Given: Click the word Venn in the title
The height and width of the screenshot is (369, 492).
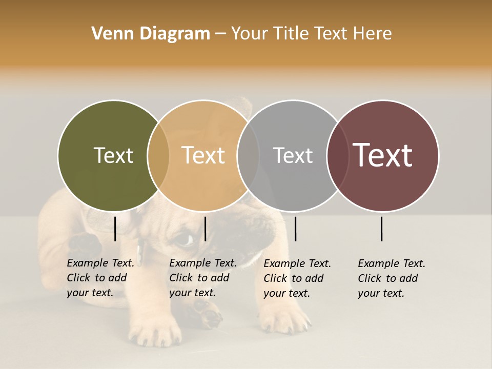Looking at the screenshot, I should tap(110, 34).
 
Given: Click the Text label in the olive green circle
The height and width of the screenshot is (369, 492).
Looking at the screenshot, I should tap(113, 156).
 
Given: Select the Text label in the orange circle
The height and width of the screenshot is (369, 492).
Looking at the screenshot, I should tap(203, 156).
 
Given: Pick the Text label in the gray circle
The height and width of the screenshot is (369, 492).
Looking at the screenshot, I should tap(293, 156).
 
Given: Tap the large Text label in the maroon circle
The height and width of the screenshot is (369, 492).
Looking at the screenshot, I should tap(383, 155).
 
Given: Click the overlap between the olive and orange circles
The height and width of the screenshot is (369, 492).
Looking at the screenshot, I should tap(158, 156).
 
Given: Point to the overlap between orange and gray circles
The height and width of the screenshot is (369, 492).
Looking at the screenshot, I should tap(248, 156).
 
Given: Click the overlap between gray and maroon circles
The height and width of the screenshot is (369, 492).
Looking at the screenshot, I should tap(337, 156).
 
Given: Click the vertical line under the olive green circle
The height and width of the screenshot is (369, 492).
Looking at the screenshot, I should tap(115, 229).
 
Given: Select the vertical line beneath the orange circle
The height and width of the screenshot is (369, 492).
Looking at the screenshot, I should tap(205, 229).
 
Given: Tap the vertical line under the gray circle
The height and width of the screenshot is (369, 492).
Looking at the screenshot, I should tap(295, 229).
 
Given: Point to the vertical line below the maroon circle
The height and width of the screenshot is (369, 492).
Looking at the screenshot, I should tap(382, 229).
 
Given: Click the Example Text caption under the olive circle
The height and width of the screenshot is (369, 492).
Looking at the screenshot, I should tap(100, 278).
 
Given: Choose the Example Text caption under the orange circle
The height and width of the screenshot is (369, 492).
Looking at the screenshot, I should tap(202, 278).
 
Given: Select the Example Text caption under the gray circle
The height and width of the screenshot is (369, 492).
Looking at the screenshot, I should tap(297, 278).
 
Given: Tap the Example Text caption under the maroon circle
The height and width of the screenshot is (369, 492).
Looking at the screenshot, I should tap(391, 278).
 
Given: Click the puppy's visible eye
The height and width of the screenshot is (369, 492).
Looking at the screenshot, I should tap(183, 239).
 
